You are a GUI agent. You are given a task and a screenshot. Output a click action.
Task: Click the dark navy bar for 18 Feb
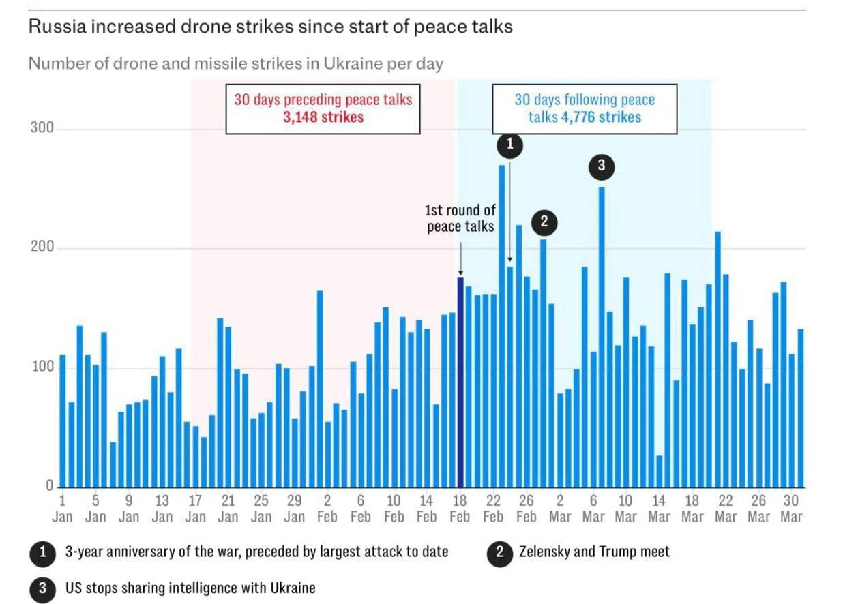click(460, 382)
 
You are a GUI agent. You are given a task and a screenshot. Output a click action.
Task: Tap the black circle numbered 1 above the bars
click(510, 144)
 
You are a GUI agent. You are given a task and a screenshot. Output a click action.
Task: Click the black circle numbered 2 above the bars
click(544, 222)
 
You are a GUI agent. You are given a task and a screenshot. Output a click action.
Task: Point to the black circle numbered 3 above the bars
click(601, 166)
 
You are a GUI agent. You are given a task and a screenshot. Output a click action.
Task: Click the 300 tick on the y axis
click(42, 128)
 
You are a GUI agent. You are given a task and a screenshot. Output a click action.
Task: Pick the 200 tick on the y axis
click(42, 247)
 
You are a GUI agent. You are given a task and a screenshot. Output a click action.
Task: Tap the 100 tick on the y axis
click(42, 367)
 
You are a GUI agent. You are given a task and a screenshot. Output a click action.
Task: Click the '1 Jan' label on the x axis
click(62, 508)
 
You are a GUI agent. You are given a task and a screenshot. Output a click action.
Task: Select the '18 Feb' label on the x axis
click(460, 508)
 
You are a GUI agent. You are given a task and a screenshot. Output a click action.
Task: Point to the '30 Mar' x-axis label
click(791, 508)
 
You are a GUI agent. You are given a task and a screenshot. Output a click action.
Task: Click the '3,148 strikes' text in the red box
click(323, 117)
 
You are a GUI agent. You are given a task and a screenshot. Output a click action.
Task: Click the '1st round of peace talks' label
click(460, 218)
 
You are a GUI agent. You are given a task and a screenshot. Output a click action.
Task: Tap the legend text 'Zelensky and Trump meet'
click(594, 552)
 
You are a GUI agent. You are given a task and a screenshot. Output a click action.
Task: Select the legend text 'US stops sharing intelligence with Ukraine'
click(190, 588)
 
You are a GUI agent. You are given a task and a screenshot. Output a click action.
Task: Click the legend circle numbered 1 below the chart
click(42, 552)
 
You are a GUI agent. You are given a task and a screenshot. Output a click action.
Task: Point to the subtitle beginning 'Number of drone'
click(235, 64)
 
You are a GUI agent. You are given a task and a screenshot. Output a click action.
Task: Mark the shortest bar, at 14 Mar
click(659, 471)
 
